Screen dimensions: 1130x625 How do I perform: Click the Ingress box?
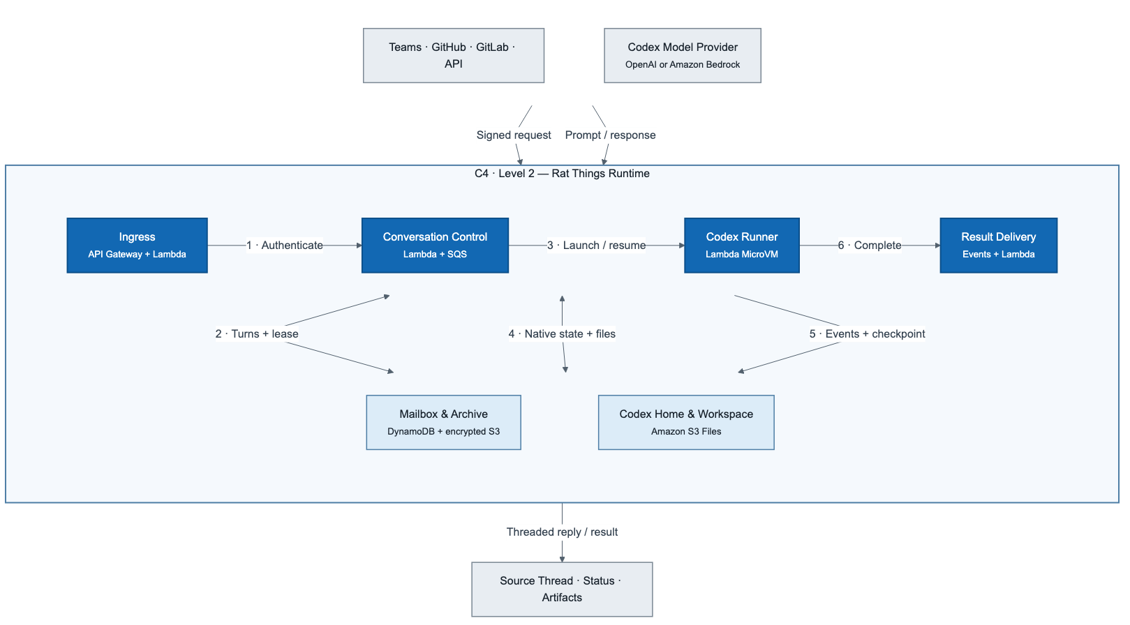click(x=137, y=246)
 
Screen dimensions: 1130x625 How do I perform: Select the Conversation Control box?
click(x=435, y=246)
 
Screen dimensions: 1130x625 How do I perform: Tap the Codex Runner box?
click(x=741, y=246)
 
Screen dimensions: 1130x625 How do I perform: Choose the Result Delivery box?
click(x=998, y=246)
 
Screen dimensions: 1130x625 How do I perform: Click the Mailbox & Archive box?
click(x=443, y=423)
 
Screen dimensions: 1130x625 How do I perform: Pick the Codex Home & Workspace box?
click(x=686, y=423)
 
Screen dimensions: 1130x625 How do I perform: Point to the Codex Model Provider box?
click(x=683, y=55)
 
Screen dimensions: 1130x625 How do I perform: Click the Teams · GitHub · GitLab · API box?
click(x=454, y=55)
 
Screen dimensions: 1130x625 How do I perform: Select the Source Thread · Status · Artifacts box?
click(x=562, y=589)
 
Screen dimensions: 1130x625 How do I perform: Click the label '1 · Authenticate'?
click(x=285, y=246)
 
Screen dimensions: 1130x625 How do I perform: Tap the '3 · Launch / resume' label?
click(x=596, y=246)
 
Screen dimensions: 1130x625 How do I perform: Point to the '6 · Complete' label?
click(x=870, y=246)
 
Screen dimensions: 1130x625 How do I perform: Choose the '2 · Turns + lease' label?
click(x=257, y=333)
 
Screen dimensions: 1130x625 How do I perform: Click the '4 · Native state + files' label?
click(x=562, y=333)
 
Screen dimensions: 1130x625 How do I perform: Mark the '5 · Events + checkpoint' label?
click(x=867, y=333)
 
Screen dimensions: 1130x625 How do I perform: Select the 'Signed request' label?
click(x=514, y=135)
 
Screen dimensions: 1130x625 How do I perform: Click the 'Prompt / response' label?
click(x=611, y=135)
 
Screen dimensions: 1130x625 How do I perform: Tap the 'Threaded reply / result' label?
click(x=562, y=532)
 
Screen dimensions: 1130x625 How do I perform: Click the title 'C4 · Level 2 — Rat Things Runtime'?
click(x=562, y=174)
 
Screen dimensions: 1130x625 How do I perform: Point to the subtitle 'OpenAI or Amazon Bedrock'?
click(x=683, y=64)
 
